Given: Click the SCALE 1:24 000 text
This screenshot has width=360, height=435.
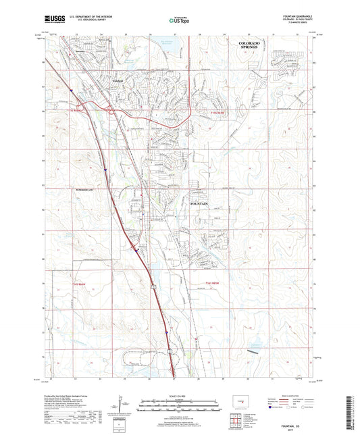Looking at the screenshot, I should pos(180,396).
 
